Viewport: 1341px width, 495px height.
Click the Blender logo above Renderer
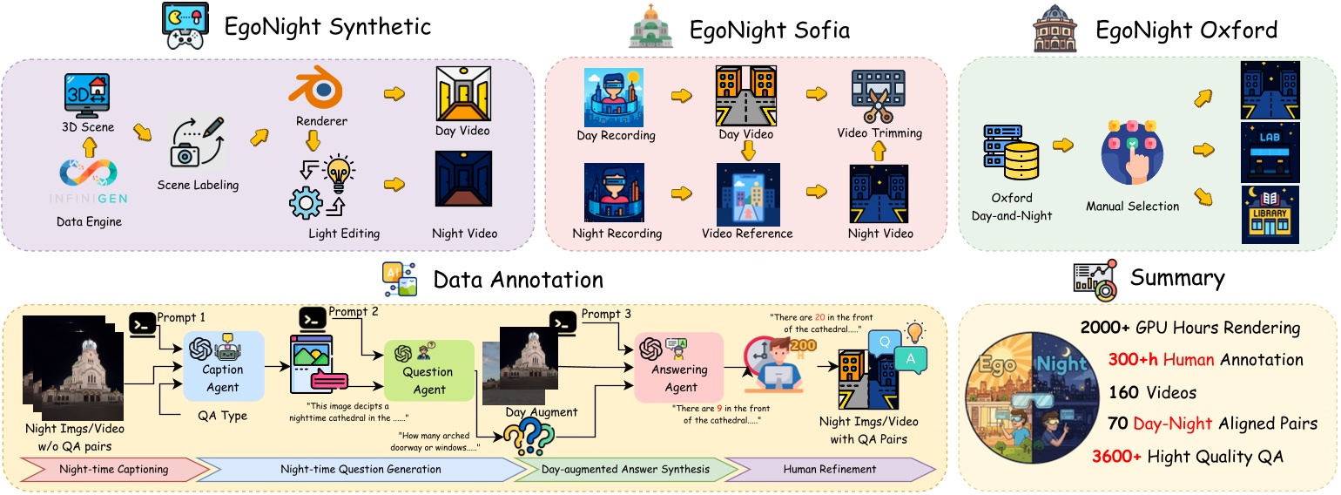coord(316,90)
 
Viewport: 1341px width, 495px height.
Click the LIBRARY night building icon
coord(1269,214)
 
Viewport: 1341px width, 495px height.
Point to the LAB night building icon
coord(1269,152)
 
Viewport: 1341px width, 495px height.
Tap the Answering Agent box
coord(679,366)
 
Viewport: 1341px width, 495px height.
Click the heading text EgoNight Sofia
coord(770,31)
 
